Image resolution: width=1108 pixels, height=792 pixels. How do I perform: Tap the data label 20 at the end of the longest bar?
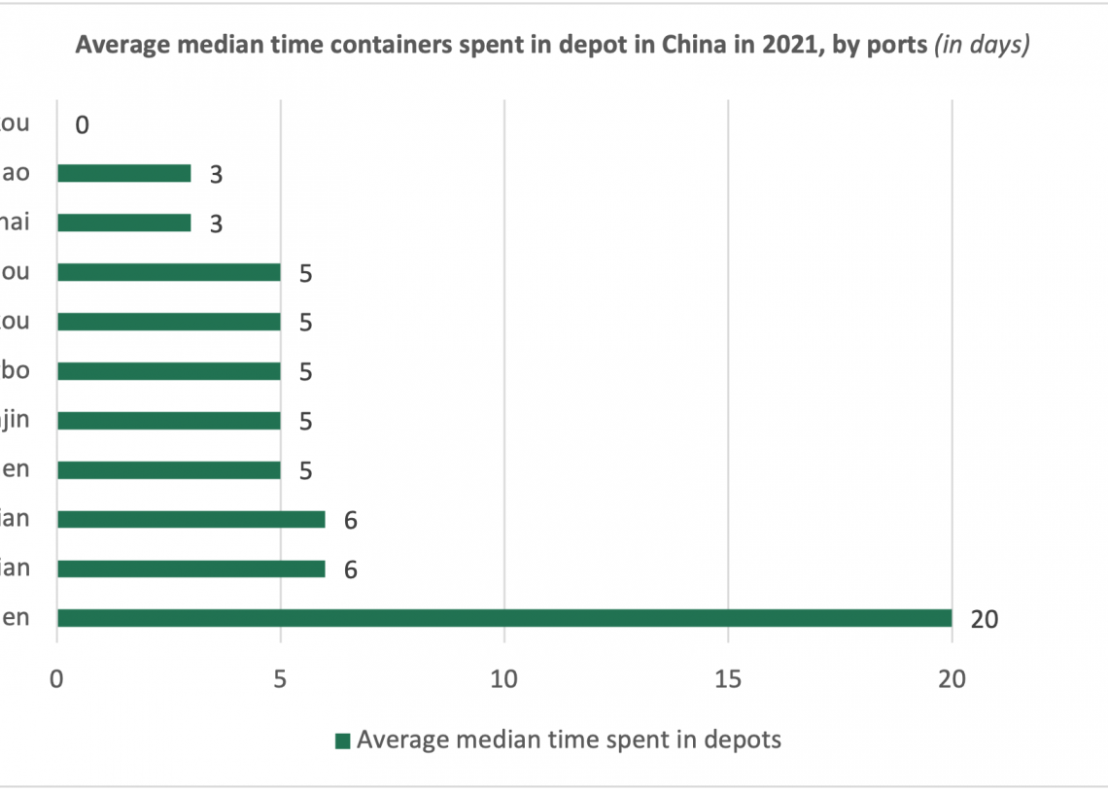(x=985, y=619)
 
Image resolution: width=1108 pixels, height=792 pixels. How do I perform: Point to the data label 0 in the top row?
(x=82, y=124)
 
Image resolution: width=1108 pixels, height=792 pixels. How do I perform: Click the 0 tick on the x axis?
(x=57, y=680)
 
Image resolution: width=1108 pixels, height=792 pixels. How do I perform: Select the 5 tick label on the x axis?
(x=280, y=680)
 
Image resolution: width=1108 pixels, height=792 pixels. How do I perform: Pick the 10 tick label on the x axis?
(x=503, y=680)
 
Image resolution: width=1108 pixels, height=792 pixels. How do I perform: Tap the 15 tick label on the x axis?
(x=728, y=680)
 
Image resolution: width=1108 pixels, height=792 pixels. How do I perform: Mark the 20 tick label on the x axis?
(x=952, y=680)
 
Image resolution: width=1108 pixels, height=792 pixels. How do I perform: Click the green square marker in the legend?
(x=342, y=741)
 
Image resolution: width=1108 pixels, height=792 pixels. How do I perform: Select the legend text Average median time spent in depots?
(x=569, y=740)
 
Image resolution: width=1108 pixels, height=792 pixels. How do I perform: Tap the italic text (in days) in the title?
(x=981, y=45)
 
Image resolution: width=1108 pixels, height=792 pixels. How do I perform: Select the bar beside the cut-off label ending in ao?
(x=123, y=173)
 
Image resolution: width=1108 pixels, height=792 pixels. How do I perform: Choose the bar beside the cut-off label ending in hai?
(x=123, y=223)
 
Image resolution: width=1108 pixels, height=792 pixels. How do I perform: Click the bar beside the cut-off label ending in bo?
(x=168, y=371)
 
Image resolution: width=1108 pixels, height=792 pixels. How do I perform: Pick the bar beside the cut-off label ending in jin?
(x=168, y=421)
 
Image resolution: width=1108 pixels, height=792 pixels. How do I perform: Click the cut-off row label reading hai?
(x=15, y=223)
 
